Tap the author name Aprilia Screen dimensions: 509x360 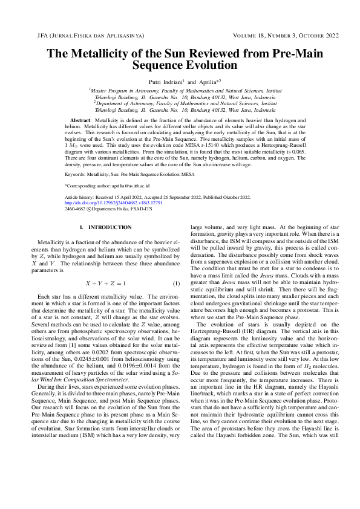202,80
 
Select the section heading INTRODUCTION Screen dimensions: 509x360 110,227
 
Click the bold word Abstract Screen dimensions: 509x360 81,121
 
